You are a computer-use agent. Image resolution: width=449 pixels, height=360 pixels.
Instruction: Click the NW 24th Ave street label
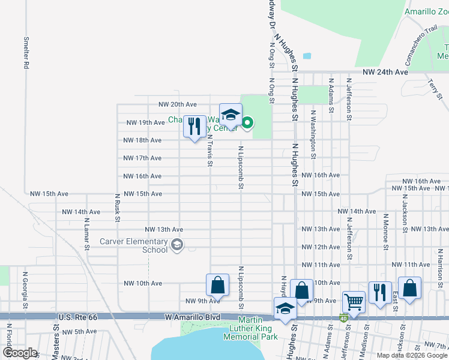(385, 72)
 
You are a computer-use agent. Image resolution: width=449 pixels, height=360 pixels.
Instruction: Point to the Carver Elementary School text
(134, 246)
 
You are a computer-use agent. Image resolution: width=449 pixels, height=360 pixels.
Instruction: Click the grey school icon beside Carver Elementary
(177, 244)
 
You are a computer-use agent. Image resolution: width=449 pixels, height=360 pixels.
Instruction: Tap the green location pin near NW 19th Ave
(247, 124)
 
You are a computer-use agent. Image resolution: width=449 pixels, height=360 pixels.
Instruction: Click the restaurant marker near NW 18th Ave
(194, 128)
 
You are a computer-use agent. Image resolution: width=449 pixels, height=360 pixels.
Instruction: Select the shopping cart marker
(354, 301)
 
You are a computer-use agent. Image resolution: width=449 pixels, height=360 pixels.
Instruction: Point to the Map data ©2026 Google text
(412, 355)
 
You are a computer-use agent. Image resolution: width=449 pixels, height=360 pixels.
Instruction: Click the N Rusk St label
(118, 208)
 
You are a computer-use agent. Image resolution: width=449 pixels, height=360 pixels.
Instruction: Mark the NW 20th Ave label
(177, 104)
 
